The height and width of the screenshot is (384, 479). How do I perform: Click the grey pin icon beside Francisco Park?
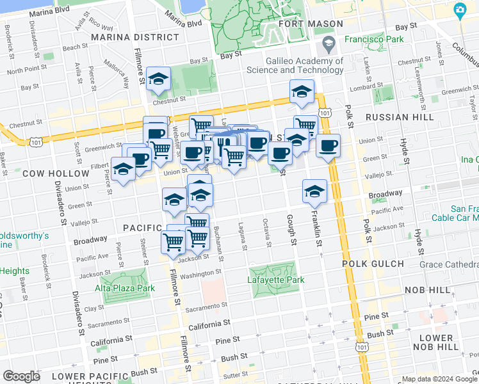click(329, 45)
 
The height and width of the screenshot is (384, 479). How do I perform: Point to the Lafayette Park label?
click(275, 280)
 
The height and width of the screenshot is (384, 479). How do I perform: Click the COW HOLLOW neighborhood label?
click(56, 173)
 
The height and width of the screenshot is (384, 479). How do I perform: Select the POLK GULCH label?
click(391, 264)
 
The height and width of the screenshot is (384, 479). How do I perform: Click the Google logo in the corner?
click(22, 376)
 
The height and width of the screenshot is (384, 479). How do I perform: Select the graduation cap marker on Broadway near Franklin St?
click(314, 191)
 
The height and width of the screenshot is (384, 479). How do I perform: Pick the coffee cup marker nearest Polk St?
click(328, 146)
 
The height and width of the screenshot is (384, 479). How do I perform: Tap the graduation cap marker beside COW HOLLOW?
click(123, 170)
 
